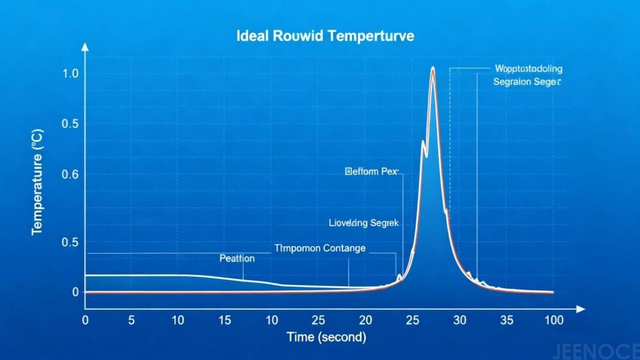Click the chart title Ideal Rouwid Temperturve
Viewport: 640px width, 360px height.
(x=325, y=36)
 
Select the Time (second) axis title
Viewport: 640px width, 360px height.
(x=326, y=337)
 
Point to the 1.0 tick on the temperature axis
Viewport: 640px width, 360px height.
(x=70, y=74)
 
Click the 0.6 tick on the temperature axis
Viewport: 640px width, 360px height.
(x=70, y=174)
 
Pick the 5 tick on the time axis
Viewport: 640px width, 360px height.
(x=131, y=320)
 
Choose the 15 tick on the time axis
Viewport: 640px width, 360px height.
(x=225, y=320)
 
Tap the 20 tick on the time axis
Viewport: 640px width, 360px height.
(x=365, y=320)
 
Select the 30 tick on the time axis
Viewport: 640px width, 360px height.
(x=459, y=320)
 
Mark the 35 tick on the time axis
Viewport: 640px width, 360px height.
(x=506, y=320)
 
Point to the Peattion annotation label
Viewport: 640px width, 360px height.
(x=237, y=259)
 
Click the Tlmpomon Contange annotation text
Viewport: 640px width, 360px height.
(x=320, y=248)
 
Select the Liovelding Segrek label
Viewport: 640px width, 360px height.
(x=364, y=222)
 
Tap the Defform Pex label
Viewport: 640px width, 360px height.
(x=372, y=172)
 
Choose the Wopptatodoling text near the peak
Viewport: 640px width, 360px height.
(x=529, y=69)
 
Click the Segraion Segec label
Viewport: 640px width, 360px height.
(x=527, y=82)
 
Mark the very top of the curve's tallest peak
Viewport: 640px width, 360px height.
(x=433, y=67)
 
